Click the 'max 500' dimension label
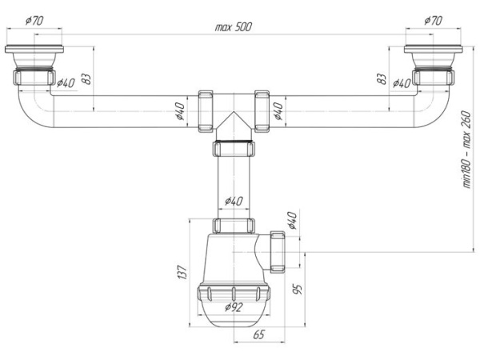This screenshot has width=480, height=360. point(234,27)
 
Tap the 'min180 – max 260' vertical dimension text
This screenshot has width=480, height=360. point(466,150)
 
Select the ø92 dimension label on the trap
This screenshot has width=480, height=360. point(234,306)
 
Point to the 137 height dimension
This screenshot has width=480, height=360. point(182,272)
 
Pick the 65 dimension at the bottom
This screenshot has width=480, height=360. point(258,334)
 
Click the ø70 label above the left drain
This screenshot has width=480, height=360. point(34,21)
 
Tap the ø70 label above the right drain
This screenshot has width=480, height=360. point(433,21)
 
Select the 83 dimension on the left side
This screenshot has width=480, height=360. point(86,79)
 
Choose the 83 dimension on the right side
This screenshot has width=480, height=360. point(382,79)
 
